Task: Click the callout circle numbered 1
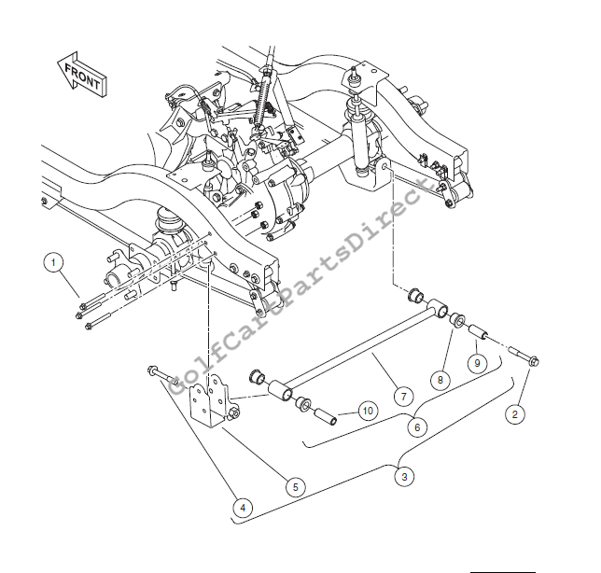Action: pos(53,263)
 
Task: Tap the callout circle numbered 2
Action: pos(515,414)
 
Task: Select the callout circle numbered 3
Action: pos(404,477)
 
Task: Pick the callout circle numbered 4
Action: pos(243,509)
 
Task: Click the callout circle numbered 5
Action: pos(296,487)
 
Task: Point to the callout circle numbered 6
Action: pos(417,427)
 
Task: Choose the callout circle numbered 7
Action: pos(403,397)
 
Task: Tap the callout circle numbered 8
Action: pos(440,380)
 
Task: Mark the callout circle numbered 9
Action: pos(477,363)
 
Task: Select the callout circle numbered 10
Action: pos(368,411)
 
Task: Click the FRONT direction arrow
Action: pos(81,75)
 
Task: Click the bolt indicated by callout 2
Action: pos(524,356)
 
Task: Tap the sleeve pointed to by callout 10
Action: pos(326,416)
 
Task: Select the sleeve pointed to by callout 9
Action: pos(478,331)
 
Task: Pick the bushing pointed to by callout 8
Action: pos(457,319)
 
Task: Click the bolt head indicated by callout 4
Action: pos(151,370)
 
